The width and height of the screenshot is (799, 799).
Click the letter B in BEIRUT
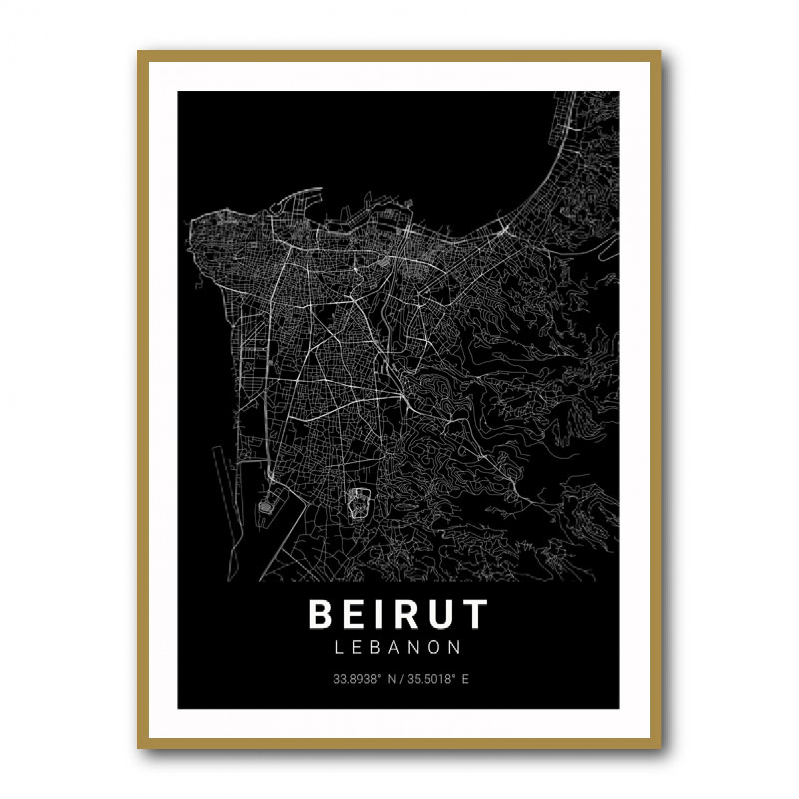pos(319,614)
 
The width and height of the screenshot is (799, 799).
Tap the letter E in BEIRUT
pos(352,614)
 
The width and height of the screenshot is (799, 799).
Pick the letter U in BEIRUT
pos(438,614)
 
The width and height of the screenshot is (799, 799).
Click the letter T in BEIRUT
pos(473,614)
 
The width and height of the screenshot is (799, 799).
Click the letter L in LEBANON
pos(338,648)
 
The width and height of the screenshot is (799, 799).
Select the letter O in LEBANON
pos(435,648)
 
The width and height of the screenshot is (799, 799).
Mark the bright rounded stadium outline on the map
pos(359,503)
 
